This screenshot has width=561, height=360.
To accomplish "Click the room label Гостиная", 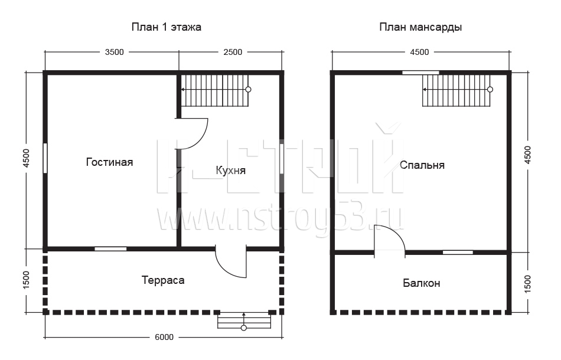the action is [109, 162].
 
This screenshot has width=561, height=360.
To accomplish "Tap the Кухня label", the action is [231, 170].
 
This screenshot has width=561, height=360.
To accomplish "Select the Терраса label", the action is [163, 280].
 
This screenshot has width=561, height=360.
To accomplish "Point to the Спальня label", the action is [422, 165].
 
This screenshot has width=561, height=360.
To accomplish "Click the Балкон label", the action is [422, 283].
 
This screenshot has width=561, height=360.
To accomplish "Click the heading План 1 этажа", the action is [167, 27].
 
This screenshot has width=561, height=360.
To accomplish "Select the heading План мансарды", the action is [420, 28].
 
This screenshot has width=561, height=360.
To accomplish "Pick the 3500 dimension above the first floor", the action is [114, 52].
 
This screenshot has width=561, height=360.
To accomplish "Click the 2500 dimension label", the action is [233, 52].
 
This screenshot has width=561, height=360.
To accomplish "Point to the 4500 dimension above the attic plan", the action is [419, 52].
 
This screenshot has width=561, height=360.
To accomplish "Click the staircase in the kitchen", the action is [215, 90].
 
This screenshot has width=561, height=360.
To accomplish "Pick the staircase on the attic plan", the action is [457, 90].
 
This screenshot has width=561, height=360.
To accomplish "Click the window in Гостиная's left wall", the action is [45, 158].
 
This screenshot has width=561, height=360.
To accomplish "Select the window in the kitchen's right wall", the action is [282, 158].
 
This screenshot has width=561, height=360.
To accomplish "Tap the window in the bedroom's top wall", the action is [420, 73].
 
